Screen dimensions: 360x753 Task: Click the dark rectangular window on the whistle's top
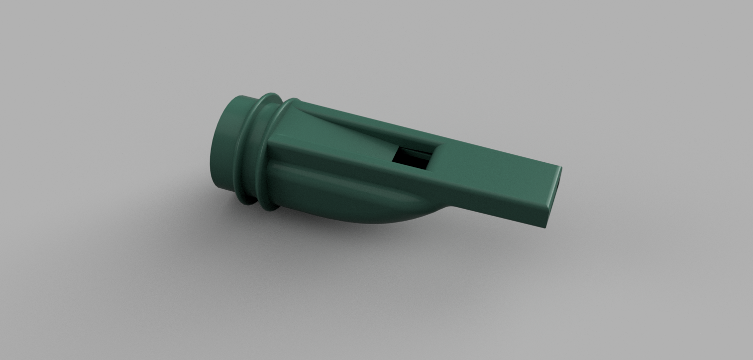tap(409, 158)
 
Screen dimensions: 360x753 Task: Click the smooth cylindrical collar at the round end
tap(226, 144)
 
